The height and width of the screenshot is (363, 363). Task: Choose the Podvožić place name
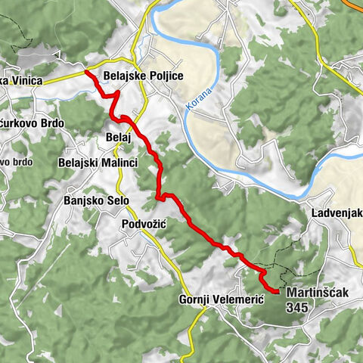point(143,225)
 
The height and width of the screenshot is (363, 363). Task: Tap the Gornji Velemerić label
point(221,299)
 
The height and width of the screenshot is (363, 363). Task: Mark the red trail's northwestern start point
point(86,72)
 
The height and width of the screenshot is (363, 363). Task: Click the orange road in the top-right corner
point(354,4)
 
